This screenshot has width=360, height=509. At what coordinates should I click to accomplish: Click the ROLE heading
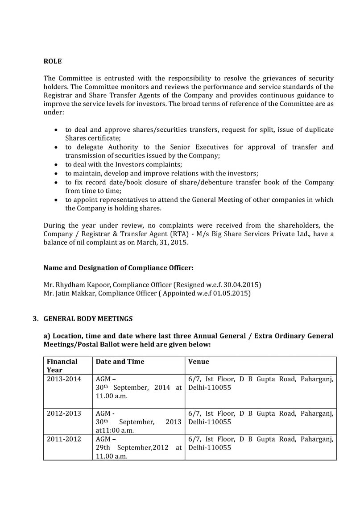(52, 61)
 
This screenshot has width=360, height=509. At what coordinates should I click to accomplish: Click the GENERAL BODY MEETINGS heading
(88, 319)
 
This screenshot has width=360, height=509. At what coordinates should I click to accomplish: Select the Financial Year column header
(62, 365)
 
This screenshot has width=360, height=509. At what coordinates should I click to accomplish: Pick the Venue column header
(199, 361)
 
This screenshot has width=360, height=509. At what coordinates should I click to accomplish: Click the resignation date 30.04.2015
(243, 284)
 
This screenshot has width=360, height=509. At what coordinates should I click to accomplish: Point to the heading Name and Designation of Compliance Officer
(119, 268)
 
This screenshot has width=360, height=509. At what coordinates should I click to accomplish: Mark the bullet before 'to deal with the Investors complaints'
(55, 164)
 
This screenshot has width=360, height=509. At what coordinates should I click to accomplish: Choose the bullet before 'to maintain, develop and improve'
(55, 173)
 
